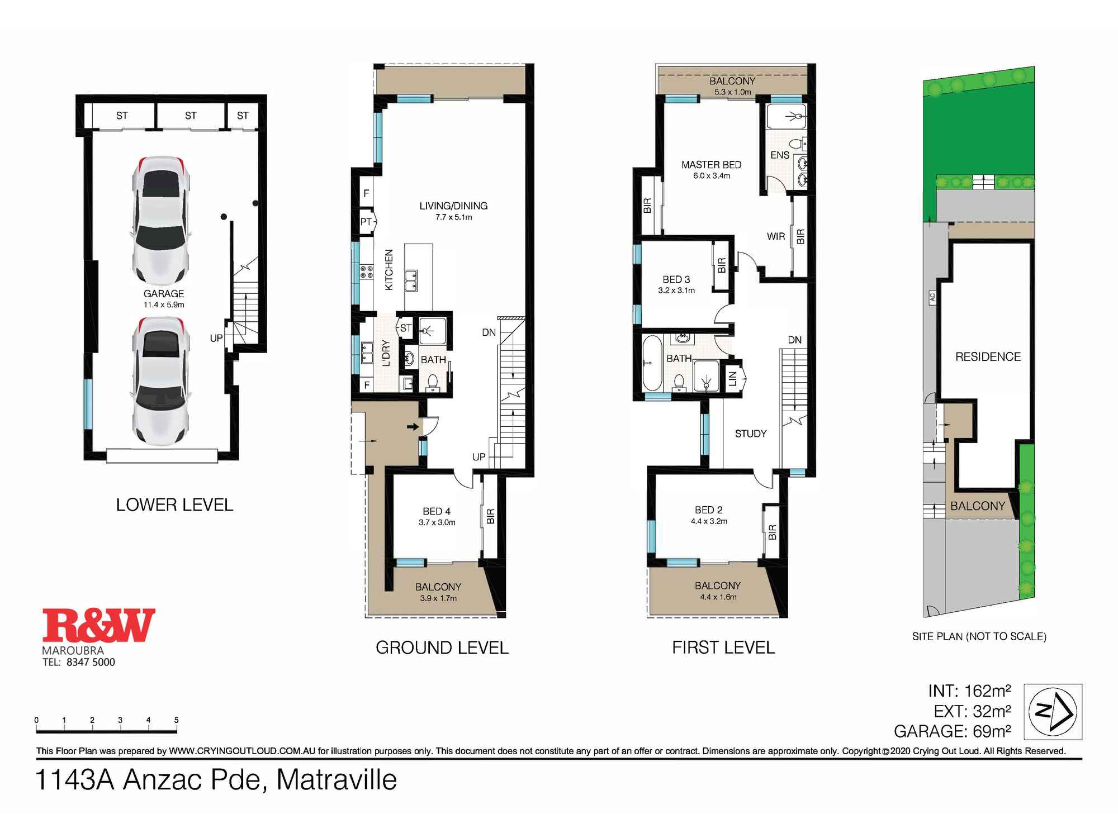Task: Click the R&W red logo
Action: tap(99, 626)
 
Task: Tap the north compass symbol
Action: tap(1053, 711)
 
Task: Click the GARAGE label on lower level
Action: tap(163, 294)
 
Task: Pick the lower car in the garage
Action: tap(161, 382)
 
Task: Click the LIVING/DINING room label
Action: tap(453, 206)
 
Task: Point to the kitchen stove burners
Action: tap(367, 272)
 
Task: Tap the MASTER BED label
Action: tap(711, 165)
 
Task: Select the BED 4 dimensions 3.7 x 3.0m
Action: tap(437, 523)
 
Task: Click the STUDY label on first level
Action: tap(750, 434)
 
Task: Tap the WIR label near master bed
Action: tap(775, 237)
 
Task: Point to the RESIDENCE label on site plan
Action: tap(988, 357)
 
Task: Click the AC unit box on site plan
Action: tap(932, 297)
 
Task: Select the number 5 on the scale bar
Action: tap(176, 720)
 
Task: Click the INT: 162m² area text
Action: tap(969, 692)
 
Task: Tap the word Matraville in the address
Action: tap(337, 780)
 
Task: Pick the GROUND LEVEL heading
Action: tap(442, 648)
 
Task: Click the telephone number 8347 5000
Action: tap(91, 663)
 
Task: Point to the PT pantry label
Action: tap(366, 222)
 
